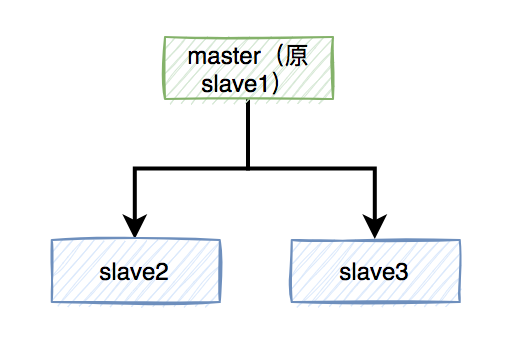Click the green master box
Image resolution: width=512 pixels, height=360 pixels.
(x=248, y=68)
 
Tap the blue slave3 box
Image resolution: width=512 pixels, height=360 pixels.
(x=376, y=271)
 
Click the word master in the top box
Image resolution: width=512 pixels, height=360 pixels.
(x=220, y=56)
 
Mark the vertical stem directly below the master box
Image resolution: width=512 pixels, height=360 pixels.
(x=248, y=135)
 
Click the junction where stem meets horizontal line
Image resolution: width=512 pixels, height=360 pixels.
(x=248, y=170)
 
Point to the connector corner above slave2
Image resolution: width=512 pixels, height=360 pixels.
(x=134, y=170)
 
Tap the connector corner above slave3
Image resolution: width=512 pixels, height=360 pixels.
(x=377, y=170)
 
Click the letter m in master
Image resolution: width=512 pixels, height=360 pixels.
(x=195, y=56)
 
